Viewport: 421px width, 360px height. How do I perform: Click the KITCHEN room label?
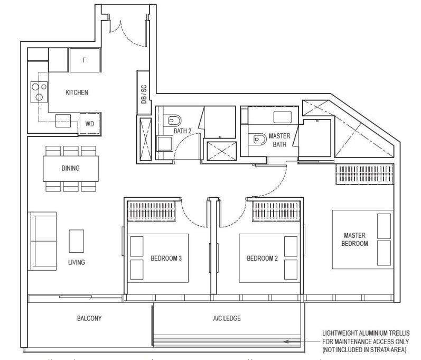tap(77, 93)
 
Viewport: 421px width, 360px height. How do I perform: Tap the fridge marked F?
tap(85, 60)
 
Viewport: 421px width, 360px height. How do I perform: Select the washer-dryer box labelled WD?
tap(90, 124)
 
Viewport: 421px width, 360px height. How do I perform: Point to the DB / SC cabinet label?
tap(144, 94)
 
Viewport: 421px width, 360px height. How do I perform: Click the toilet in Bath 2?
tap(174, 121)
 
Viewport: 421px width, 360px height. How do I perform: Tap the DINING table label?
tap(71, 168)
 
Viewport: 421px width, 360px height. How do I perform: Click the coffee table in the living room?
tap(77, 241)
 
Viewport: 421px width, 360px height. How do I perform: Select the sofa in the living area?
tap(43, 241)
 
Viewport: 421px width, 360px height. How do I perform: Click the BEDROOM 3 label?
tap(166, 259)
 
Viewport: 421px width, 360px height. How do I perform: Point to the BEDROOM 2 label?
tap(262, 259)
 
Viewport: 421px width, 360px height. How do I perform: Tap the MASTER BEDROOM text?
tap(354, 239)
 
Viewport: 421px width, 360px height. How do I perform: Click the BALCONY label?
tap(89, 318)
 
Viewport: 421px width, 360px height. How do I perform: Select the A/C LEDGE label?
tap(227, 318)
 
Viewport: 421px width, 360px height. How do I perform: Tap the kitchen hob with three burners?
tap(39, 92)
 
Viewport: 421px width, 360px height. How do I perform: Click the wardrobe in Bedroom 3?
tap(152, 211)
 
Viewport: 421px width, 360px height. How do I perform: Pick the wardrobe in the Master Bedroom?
tap(365, 174)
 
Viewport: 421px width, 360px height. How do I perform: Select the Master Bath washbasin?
tap(283, 117)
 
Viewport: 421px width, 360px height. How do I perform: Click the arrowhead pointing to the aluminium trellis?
tap(286, 341)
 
